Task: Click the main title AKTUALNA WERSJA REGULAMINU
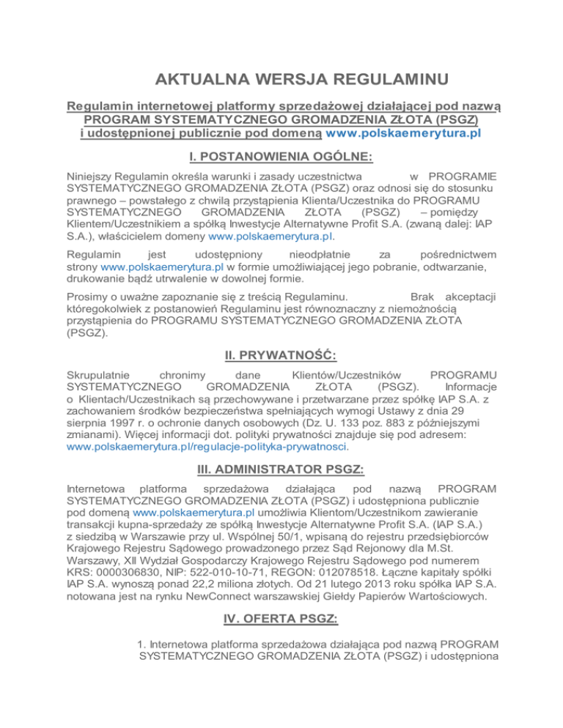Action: coord(281,79)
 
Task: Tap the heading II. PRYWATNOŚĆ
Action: coord(281,357)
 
